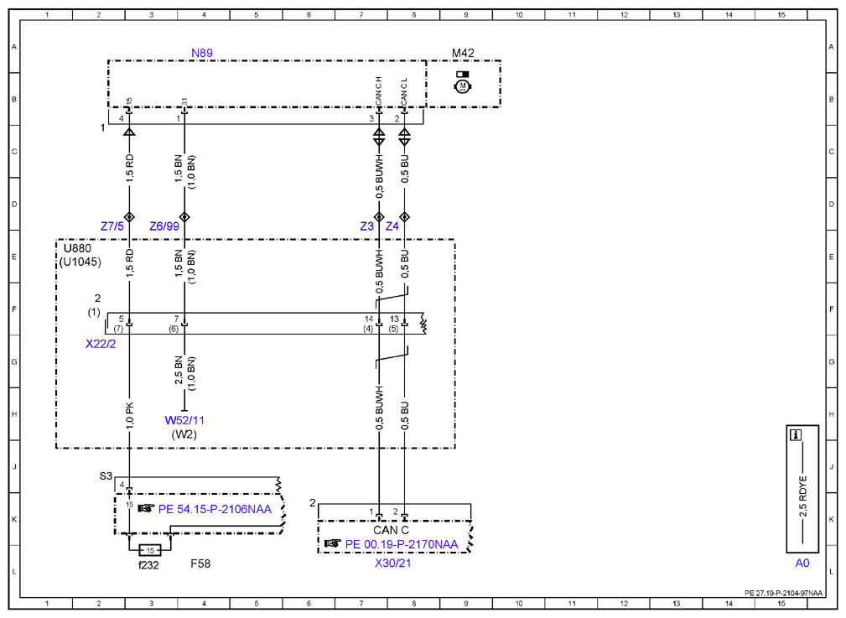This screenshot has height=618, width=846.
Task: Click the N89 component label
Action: [202, 53]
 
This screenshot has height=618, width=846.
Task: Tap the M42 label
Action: [462, 53]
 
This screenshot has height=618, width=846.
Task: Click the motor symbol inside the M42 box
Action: [462, 86]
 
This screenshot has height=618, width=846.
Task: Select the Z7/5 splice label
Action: [112, 226]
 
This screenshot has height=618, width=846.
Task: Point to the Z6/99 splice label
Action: [164, 226]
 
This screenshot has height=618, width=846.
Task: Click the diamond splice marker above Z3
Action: [379, 217]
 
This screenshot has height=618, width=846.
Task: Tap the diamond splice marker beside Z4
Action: [405, 217]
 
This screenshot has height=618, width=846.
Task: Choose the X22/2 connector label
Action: [101, 344]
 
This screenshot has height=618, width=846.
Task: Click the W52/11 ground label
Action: [184, 420]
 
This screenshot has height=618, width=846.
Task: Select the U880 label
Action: [78, 248]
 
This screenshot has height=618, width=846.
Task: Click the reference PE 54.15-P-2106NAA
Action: [215, 509]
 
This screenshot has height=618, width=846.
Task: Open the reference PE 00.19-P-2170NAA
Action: [402, 544]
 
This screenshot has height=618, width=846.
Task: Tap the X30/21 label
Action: [392, 563]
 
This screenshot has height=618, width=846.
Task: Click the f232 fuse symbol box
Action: [150, 551]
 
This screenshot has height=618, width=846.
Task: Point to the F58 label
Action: [200, 563]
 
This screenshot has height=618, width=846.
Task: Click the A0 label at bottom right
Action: [802, 563]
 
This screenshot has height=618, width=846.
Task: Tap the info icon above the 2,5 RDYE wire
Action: [796, 435]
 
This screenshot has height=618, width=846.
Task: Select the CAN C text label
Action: [392, 530]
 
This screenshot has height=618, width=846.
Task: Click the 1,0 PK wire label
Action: [130, 416]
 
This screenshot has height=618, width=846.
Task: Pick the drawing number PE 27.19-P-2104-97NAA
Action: [784, 593]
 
